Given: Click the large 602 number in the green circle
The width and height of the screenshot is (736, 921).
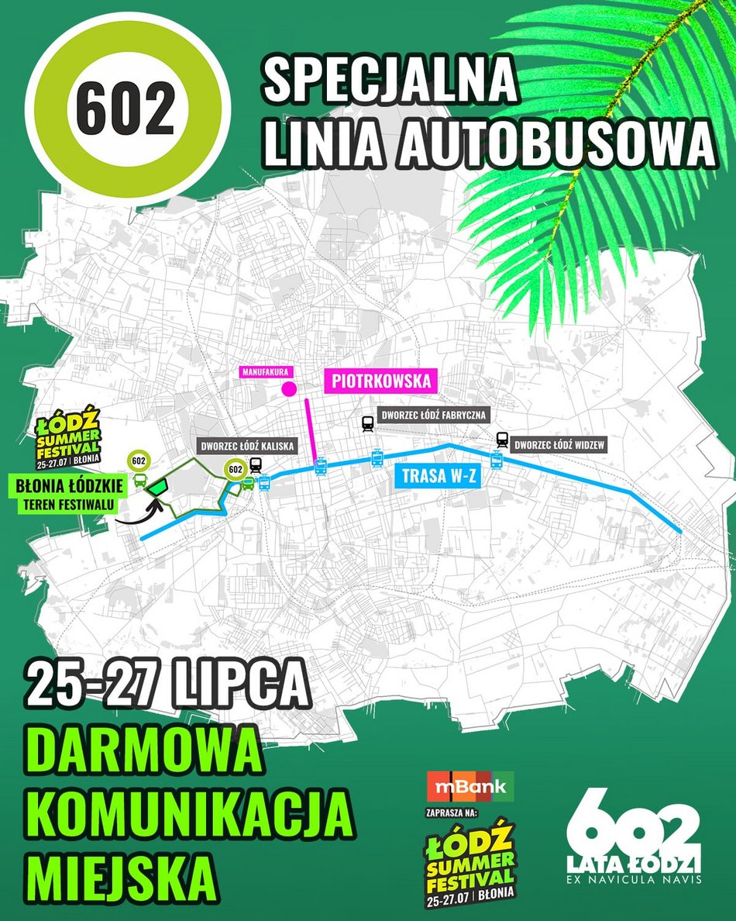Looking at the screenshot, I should tap(126, 110).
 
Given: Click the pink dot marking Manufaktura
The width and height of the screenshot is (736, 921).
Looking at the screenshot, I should tap(290, 389).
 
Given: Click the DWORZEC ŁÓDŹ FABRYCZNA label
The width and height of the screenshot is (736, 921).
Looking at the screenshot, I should tap(432, 416).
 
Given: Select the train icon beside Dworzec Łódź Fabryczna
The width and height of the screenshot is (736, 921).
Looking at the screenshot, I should tap(367, 423).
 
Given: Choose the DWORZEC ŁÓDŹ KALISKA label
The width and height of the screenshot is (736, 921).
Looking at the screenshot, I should tap(247, 447).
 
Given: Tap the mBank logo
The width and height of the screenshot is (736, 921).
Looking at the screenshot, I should tap(470, 787).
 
